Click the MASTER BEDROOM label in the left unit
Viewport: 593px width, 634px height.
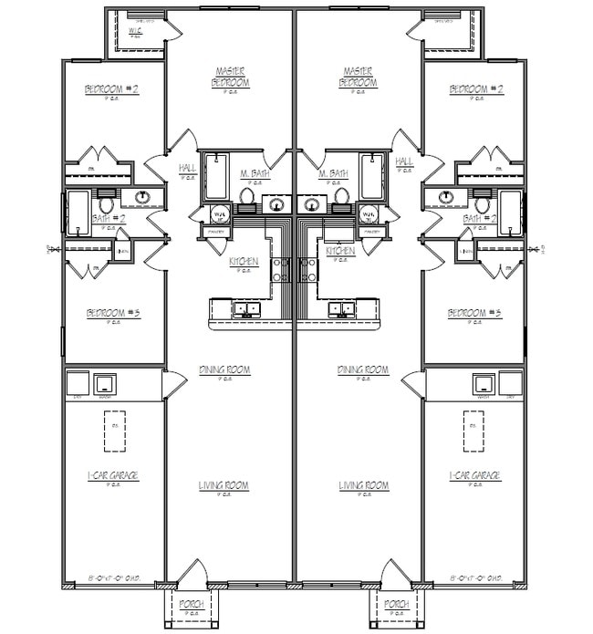[x=233, y=77]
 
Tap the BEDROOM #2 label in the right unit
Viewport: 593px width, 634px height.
[x=475, y=89]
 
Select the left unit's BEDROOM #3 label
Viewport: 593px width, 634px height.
[x=113, y=314]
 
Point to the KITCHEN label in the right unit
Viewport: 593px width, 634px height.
[x=340, y=250]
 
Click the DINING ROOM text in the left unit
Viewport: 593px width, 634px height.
[x=224, y=369]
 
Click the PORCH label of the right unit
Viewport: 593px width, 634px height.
[x=395, y=604]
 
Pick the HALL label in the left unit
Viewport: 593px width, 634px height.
[x=187, y=168]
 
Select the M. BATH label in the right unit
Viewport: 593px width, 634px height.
[x=332, y=173]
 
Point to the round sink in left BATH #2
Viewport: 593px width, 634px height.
[x=143, y=196]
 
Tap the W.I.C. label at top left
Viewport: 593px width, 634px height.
[x=136, y=31]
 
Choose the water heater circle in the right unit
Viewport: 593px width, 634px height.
[x=369, y=215]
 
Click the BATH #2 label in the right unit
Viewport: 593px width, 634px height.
[x=479, y=219]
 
